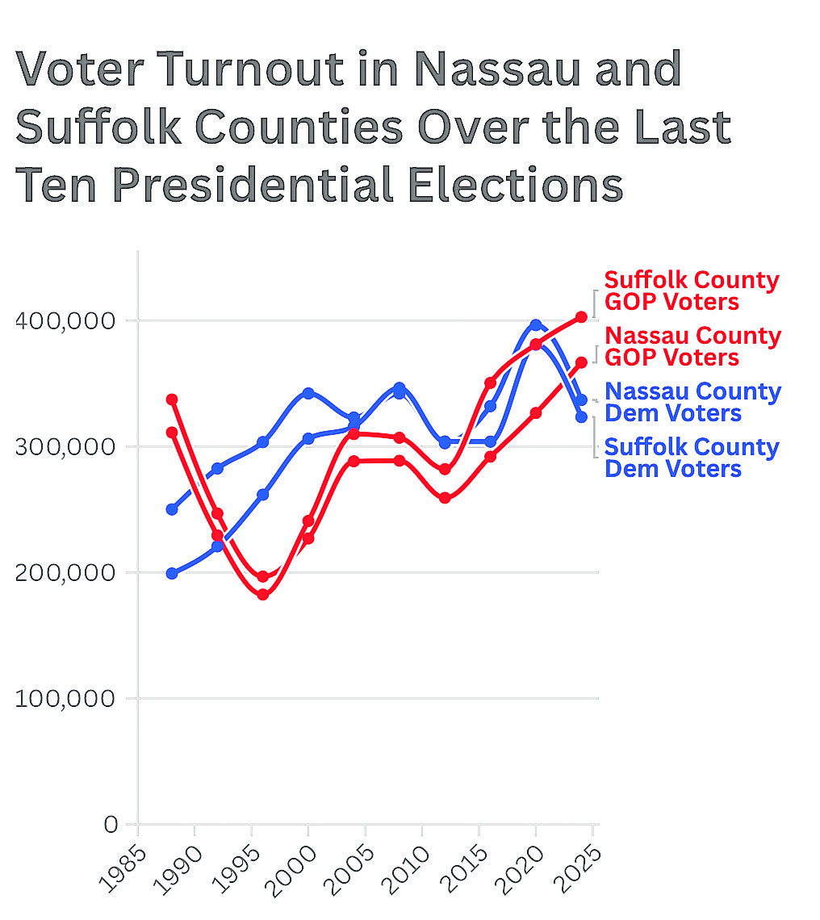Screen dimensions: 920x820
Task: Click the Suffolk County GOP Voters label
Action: pos(692,291)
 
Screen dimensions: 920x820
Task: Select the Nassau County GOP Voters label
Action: pos(692,346)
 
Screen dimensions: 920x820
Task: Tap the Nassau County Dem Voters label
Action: pos(692,402)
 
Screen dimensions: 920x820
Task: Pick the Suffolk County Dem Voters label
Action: pos(692,458)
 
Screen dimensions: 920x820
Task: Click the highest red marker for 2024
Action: pos(581,317)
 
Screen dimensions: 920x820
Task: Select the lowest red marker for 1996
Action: pos(262,595)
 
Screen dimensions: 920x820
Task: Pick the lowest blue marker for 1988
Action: pos(172,574)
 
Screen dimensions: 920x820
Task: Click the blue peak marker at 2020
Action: pos(536,324)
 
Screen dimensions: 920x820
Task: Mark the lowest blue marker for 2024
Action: pos(581,416)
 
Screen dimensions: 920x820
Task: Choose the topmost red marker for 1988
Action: pos(172,399)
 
